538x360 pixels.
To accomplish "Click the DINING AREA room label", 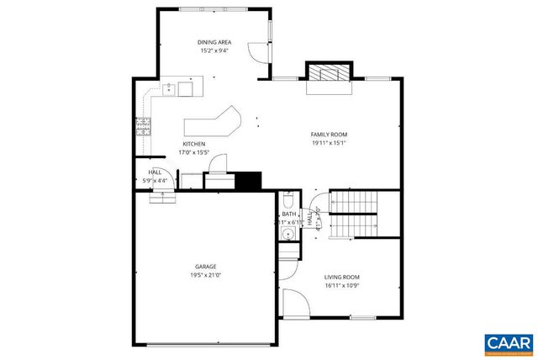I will pyautogui.click(x=214, y=42).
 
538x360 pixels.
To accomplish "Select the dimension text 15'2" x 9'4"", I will pyautogui.click(x=214, y=50).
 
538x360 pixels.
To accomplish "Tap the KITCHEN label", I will pyautogui.click(x=194, y=144).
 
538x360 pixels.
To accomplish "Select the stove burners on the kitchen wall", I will pyautogui.click(x=143, y=126).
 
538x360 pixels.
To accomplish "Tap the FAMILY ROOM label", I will pyautogui.click(x=329, y=135).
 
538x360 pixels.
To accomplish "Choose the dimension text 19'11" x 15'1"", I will pyautogui.click(x=329, y=143).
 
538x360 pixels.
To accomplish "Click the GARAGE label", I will pyautogui.click(x=206, y=267).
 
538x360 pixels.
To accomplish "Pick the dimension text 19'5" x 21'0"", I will pyautogui.click(x=206, y=275).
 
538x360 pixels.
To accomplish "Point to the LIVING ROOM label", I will pyautogui.click(x=342, y=277).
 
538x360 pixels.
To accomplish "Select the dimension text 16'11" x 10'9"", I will pyautogui.click(x=342, y=285).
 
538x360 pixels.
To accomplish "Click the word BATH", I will pyautogui.click(x=289, y=214).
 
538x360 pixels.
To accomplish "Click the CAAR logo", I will pyautogui.click(x=508, y=343).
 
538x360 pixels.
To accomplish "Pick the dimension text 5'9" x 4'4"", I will pyautogui.click(x=156, y=179).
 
